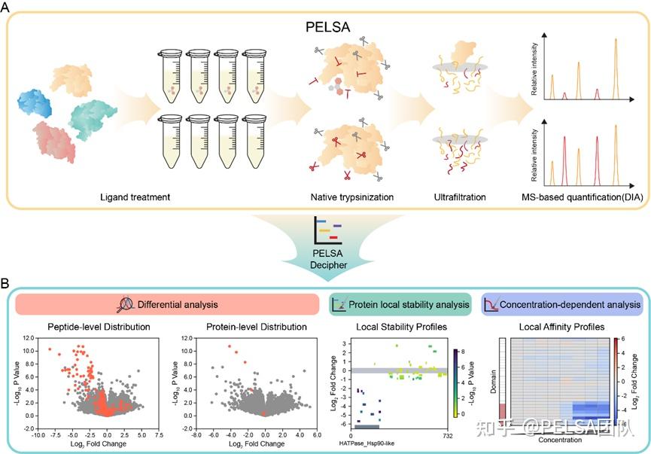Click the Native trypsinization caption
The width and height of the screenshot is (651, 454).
[347, 198]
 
